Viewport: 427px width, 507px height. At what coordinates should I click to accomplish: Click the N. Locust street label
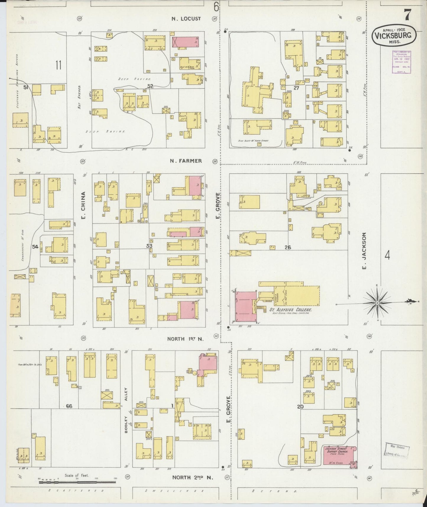[186, 19]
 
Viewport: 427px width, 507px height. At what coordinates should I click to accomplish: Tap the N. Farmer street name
[186, 161]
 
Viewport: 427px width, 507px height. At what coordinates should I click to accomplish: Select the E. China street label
[83, 206]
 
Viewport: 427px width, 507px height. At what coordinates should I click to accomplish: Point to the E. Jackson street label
[364, 251]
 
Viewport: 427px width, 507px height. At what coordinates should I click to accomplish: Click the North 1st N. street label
[186, 339]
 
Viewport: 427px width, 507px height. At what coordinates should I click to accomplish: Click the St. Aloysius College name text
[288, 310]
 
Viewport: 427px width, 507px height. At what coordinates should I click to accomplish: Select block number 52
[150, 86]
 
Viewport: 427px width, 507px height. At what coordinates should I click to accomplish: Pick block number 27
[296, 88]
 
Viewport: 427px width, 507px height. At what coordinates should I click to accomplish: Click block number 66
[69, 406]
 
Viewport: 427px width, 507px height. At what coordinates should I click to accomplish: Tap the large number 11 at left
[58, 65]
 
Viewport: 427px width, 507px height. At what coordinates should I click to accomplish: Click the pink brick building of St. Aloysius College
[246, 307]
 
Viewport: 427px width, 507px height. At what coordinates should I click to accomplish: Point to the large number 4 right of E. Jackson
[387, 255]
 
